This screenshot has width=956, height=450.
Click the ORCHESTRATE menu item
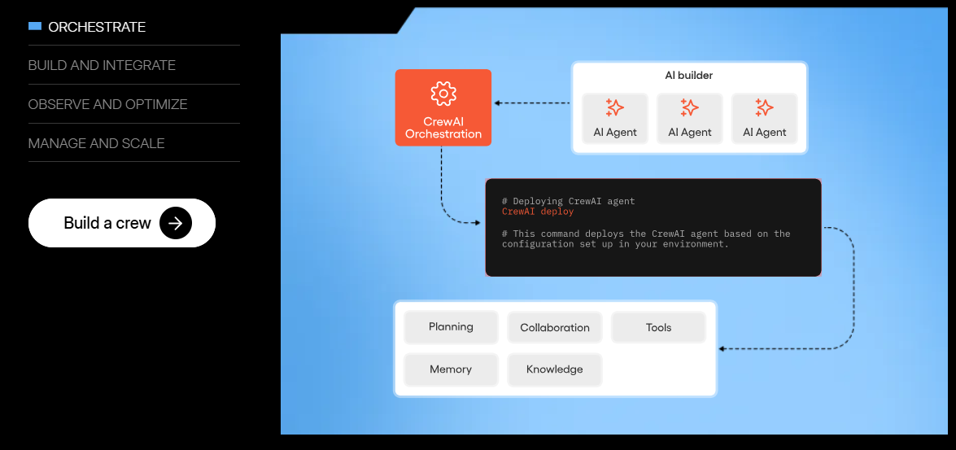96,27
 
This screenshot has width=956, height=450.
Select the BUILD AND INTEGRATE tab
102,65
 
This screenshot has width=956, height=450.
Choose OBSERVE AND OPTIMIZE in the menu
107,104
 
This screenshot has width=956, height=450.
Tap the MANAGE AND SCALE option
96,143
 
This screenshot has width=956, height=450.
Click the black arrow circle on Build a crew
176,223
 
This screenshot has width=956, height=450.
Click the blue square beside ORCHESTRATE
34,26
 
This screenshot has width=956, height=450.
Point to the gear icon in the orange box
443,93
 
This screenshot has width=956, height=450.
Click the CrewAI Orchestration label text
443,128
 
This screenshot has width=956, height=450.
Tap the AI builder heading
689,76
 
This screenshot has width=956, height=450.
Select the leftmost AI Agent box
615,119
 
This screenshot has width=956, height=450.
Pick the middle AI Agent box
690,119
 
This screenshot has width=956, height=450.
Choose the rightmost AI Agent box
765,119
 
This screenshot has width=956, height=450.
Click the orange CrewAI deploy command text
538,212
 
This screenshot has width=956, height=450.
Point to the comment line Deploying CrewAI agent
568,201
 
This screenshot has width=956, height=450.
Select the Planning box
451,327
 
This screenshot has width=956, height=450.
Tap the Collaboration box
555,328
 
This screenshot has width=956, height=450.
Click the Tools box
658,328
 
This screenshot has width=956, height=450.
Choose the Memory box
451,369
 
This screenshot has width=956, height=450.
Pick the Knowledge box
555,369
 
